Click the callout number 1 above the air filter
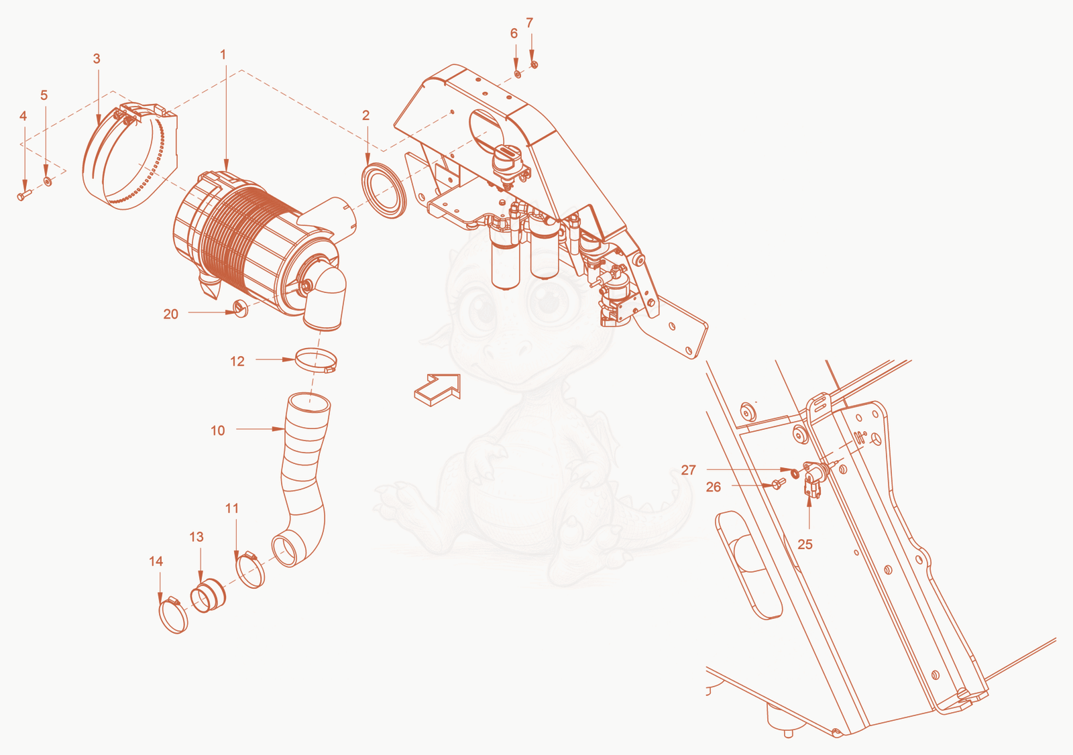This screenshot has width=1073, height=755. (x=223, y=54)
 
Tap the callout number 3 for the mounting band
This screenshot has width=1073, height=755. (x=97, y=58)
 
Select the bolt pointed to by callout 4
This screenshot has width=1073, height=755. (x=24, y=195)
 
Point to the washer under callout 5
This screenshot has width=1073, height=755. (x=48, y=181)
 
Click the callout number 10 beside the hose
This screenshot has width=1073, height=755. (x=218, y=430)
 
